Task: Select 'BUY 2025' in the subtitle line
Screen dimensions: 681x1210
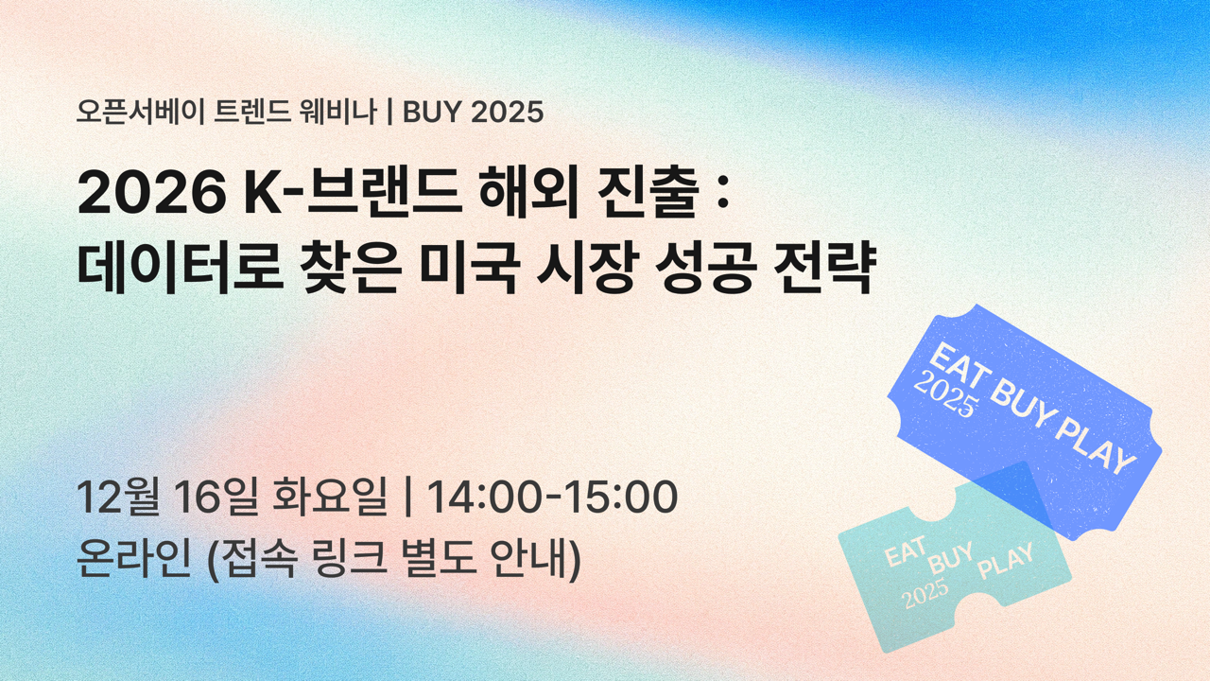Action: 473,113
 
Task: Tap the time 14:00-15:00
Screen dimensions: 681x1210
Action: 552,498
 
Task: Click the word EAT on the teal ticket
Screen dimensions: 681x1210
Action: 905,554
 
